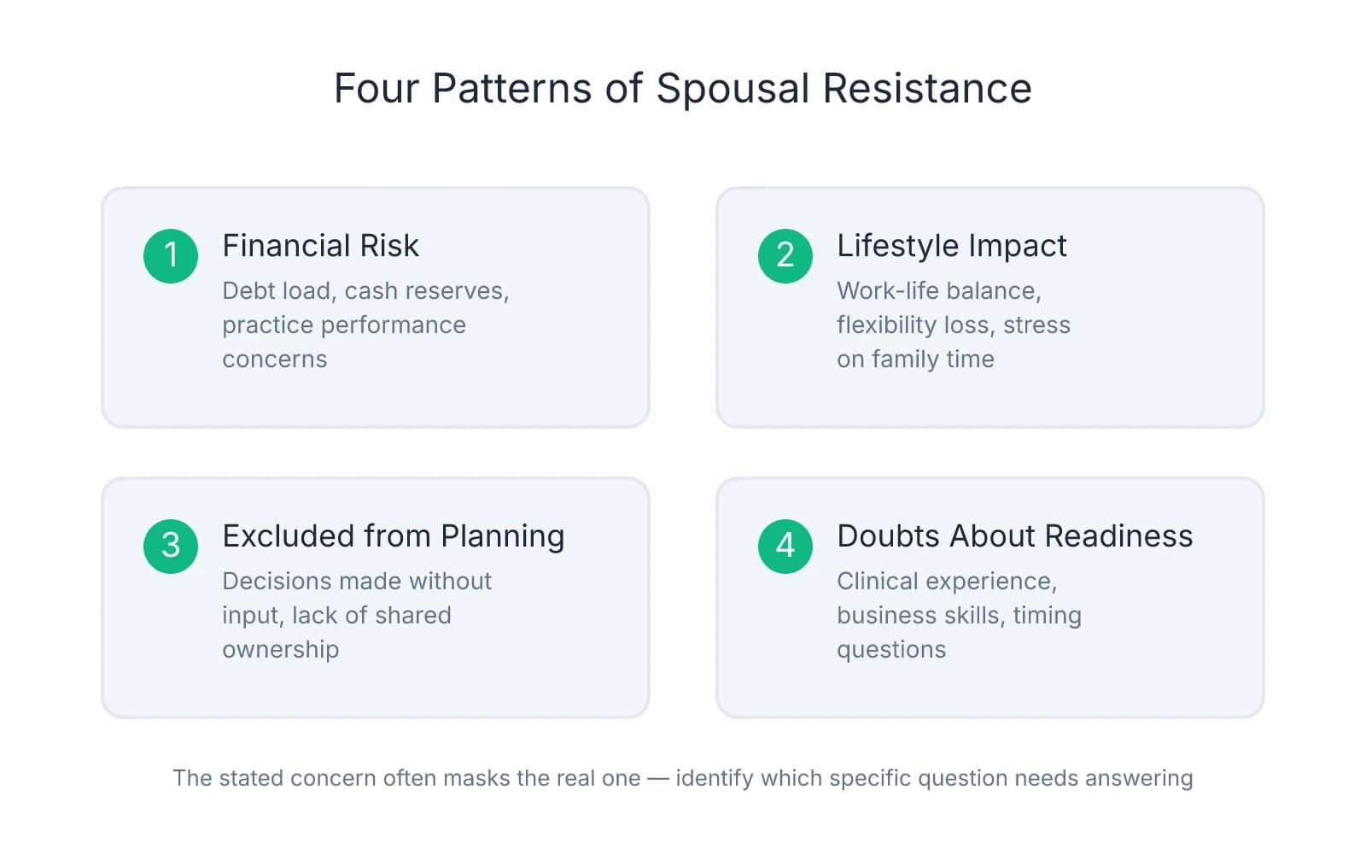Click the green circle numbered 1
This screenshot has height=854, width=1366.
pyautogui.click(x=171, y=255)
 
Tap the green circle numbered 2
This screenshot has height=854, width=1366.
pyautogui.click(x=785, y=255)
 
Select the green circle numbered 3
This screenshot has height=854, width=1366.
pyautogui.click(x=171, y=546)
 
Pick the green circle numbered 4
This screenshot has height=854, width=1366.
pyautogui.click(x=785, y=546)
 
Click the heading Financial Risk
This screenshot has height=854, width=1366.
pyautogui.click(x=320, y=246)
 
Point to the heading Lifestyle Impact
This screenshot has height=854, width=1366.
pyautogui.click(x=951, y=246)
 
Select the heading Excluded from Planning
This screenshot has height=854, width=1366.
pyautogui.click(x=393, y=536)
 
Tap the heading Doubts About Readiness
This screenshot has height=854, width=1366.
pyautogui.click(x=1014, y=536)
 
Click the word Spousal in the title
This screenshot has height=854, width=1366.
pyautogui.click(x=733, y=89)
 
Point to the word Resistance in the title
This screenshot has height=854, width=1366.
pyautogui.click(x=927, y=89)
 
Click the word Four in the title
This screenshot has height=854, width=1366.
pyautogui.click(x=375, y=89)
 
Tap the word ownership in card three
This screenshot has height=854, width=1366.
pyautogui.click(x=280, y=650)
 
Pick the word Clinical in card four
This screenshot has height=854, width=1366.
pyautogui.click(x=875, y=582)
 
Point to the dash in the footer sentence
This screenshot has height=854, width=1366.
pyautogui.click(x=658, y=778)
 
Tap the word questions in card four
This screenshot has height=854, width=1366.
pyautogui.click(x=890, y=650)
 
